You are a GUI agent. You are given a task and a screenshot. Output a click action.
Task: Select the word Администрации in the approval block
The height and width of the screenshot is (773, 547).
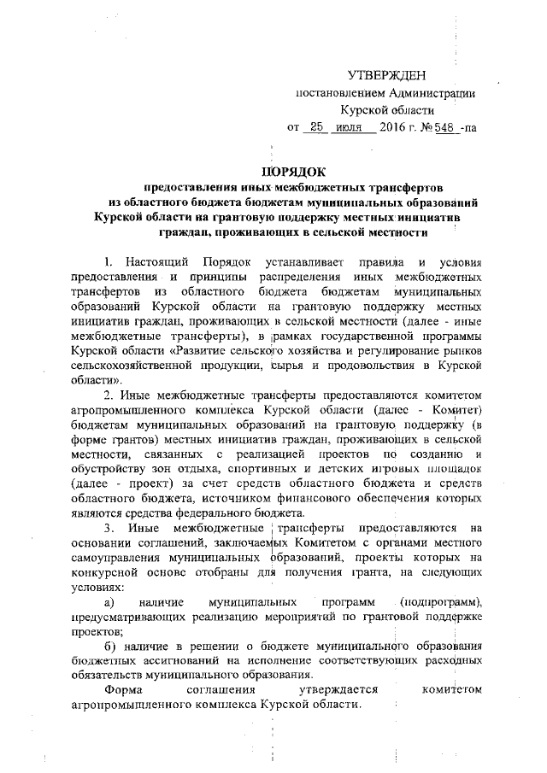(x=431, y=94)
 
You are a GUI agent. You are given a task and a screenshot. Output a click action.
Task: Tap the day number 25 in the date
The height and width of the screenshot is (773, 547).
(x=318, y=127)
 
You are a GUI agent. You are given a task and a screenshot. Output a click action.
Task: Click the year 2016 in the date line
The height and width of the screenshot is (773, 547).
(x=396, y=127)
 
